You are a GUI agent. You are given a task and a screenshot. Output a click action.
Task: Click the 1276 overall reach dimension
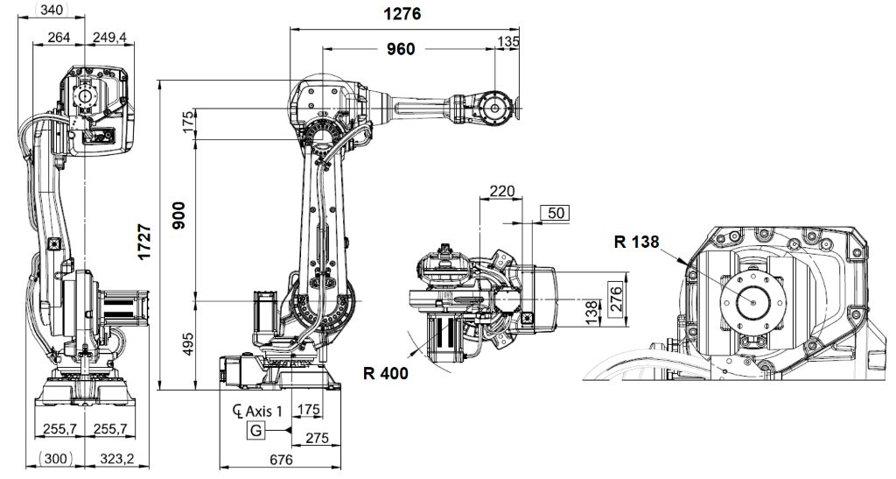pyautogui.click(x=402, y=14)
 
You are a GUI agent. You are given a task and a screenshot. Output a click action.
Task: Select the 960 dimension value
pyautogui.click(x=401, y=49)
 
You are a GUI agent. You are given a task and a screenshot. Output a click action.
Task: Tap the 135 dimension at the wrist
pyautogui.click(x=507, y=41)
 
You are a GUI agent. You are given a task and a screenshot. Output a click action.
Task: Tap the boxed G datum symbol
pyautogui.click(x=255, y=430)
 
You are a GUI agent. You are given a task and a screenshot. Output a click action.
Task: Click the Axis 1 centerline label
pyautogui.click(x=259, y=410)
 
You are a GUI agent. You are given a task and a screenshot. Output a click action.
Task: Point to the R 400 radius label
pyautogui.click(x=385, y=371)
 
